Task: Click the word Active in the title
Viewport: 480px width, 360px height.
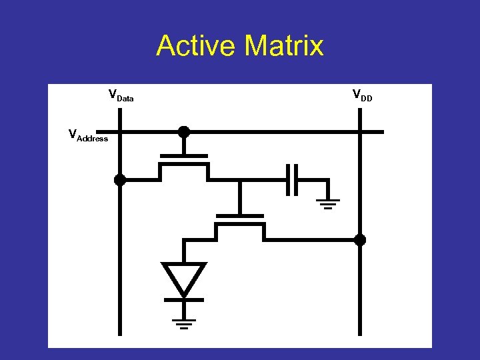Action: (197, 46)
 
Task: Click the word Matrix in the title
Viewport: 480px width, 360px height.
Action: (284, 46)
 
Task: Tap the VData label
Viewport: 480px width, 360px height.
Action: (121, 95)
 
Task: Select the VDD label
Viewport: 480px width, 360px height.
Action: (362, 95)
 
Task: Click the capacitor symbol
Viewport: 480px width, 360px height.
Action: (291, 179)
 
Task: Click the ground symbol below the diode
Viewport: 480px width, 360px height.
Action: (184, 323)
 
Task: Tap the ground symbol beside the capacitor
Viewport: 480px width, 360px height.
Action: (328, 203)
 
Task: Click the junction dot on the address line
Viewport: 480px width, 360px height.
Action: (184, 132)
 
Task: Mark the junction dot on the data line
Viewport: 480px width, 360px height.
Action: (120, 179)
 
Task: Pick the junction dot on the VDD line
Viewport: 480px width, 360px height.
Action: (360, 240)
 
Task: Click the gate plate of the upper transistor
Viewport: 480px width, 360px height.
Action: (184, 157)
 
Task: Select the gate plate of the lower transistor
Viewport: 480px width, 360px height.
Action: (240, 216)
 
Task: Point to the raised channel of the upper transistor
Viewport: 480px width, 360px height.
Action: (184, 165)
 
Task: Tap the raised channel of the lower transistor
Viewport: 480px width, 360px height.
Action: (240, 225)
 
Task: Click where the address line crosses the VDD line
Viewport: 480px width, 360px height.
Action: (360, 132)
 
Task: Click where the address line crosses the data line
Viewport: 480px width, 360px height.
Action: (120, 132)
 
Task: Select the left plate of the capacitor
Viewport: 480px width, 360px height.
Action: (287, 179)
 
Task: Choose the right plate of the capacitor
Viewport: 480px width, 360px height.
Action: (295, 179)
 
